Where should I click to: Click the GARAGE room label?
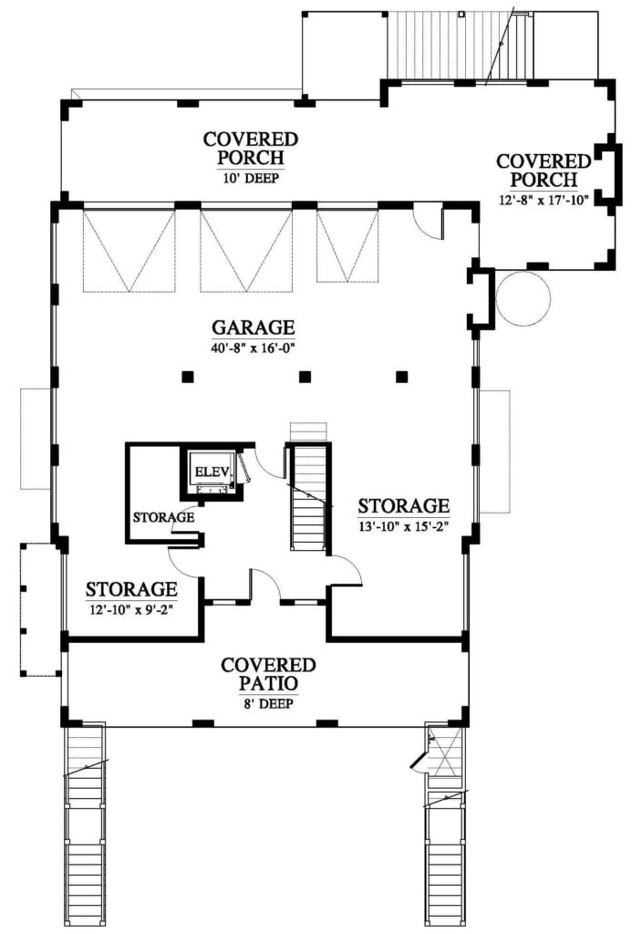pyautogui.click(x=254, y=327)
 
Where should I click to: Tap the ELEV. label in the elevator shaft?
pyautogui.click(x=212, y=472)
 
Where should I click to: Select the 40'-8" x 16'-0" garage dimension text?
pyautogui.click(x=254, y=348)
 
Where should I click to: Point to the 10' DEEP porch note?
pyautogui.click(x=251, y=178)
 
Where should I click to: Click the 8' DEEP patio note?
pyautogui.click(x=267, y=704)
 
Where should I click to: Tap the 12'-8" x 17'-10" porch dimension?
pyautogui.click(x=544, y=200)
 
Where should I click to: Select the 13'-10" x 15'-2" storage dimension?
pyautogui.click(x=403, y=526)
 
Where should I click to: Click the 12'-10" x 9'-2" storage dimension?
pyautogui.click(x=131, y=609)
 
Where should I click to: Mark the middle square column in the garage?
pyautogui.click(x=305, y=377)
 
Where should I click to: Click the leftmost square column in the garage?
pyautogui.click(x=188, y=377)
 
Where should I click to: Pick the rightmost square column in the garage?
pyautogui.click(x=402, y=377)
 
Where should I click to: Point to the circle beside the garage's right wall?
pyautogui.click(x=523, y=298)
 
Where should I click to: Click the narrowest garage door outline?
pyautogui.click(x=347, y=245)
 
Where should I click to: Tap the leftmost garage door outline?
pyautogui.click(x=129, y=250)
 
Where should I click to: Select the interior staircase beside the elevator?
pyautogui.click(x=308, y=495)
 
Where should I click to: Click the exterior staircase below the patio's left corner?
pyautogui.click(x=85, y=829)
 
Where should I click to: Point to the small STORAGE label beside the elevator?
pyautogui.click(x=164, y=517)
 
